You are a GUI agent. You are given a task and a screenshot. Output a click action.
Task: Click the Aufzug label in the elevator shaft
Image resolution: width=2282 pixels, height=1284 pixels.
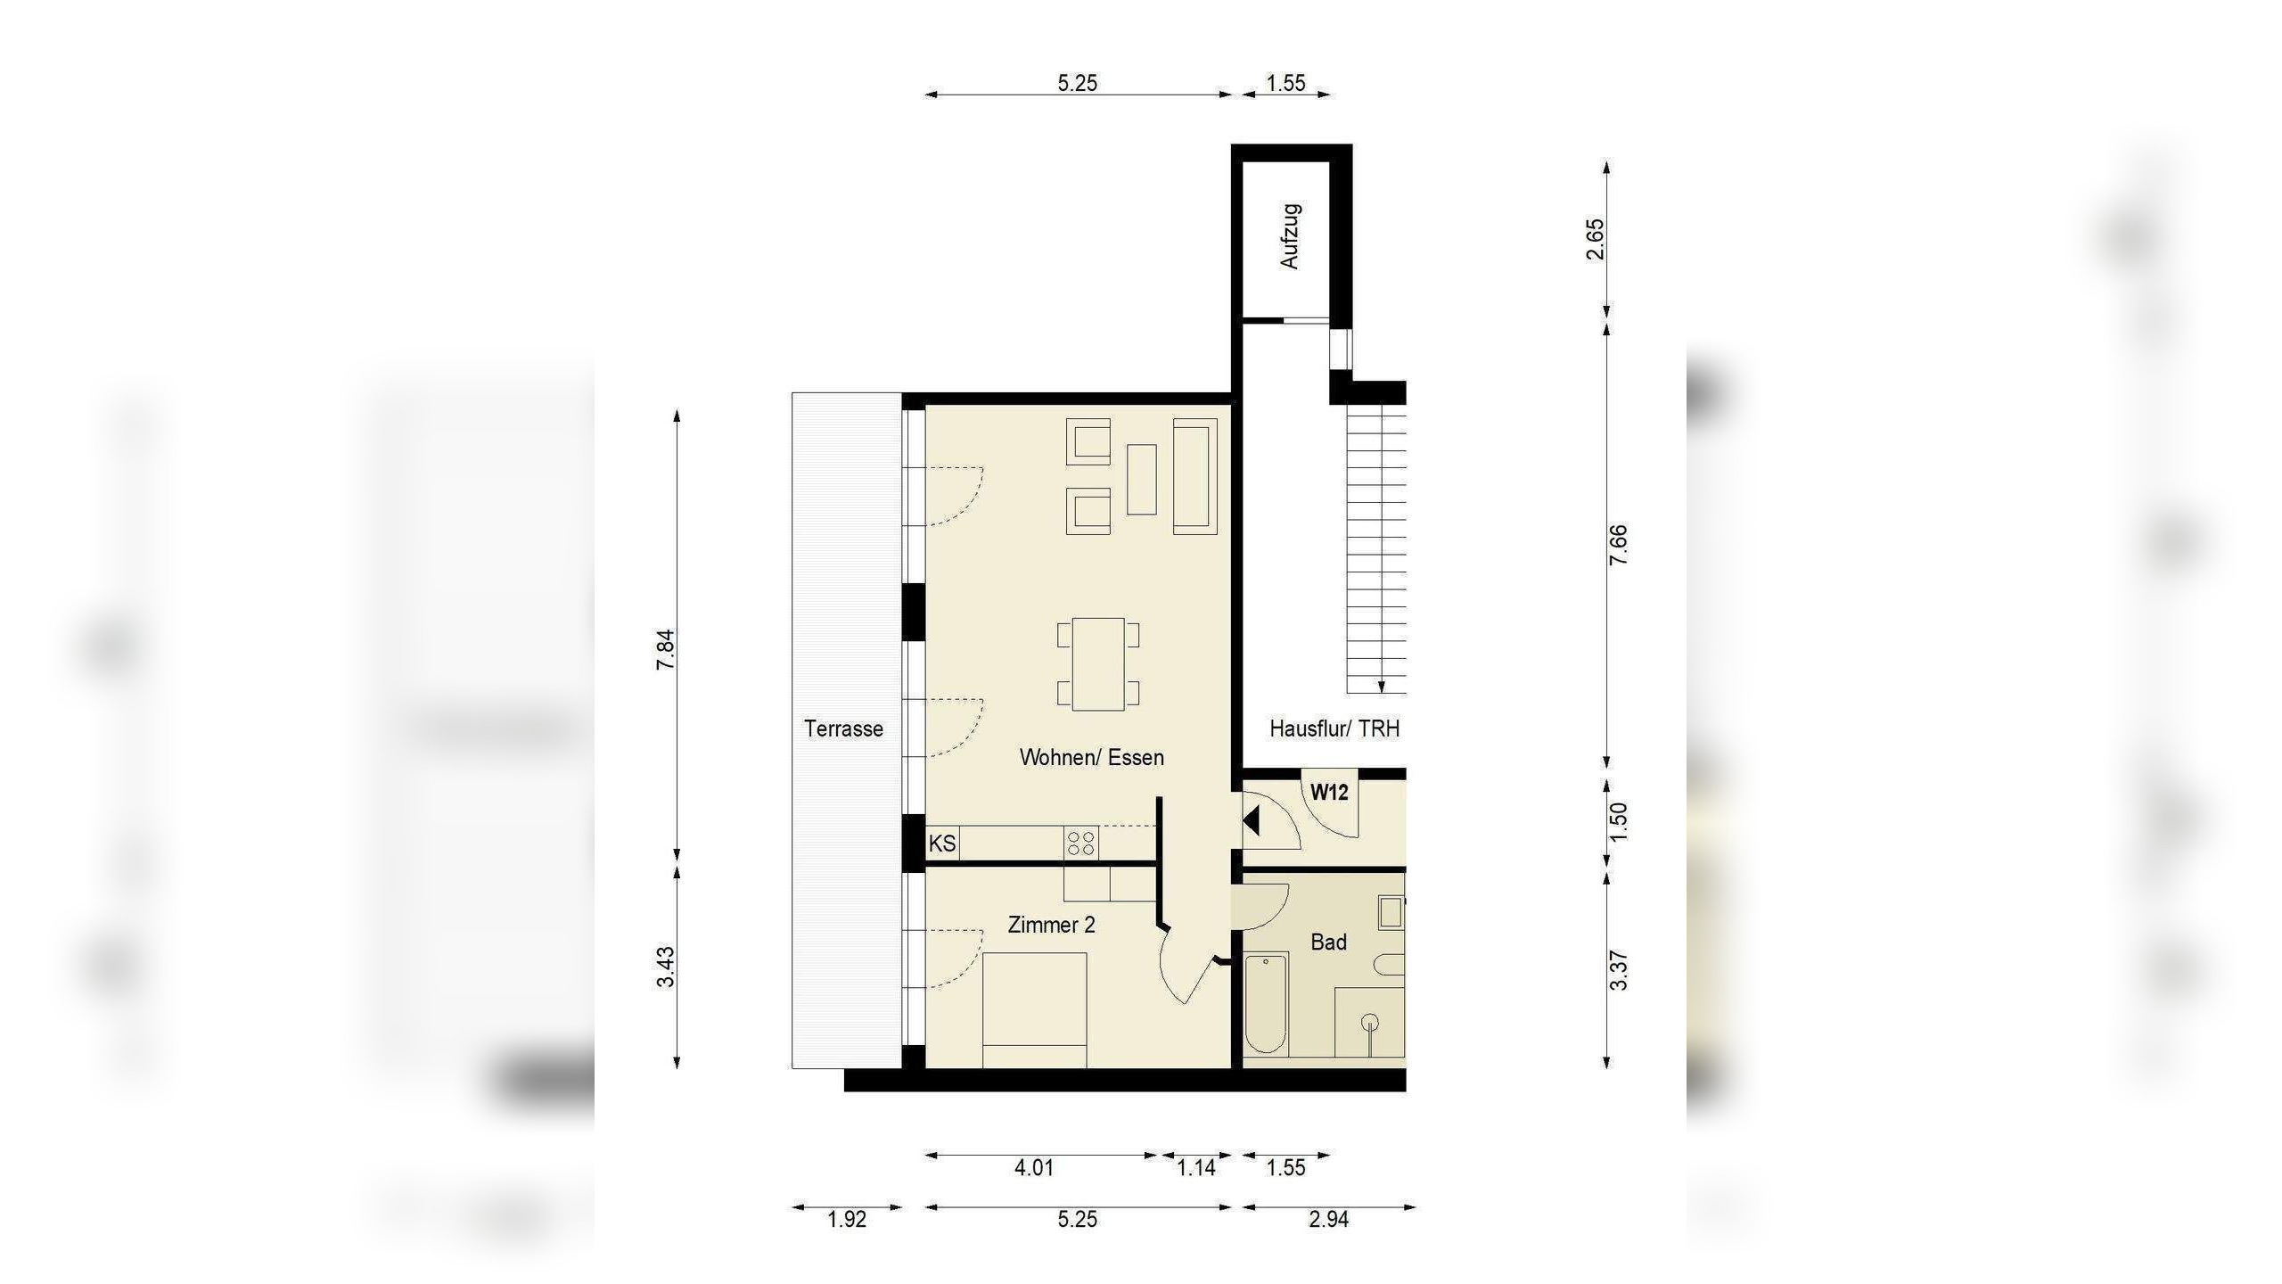pyautogui.click(x=1290, y=236)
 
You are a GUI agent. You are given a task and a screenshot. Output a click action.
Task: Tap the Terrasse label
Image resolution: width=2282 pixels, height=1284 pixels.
pyautogui.click(x=843, y=728)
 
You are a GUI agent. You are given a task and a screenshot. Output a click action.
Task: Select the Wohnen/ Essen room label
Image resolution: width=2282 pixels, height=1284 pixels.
pyautogui.click(x=1092, y=757)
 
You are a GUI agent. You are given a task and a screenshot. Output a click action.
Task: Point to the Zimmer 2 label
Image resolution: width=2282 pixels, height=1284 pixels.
pyautogui.click(x=1052, y=925)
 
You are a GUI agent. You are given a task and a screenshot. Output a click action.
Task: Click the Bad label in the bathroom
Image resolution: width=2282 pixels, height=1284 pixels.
pyautogui.click(x=1328, y=942)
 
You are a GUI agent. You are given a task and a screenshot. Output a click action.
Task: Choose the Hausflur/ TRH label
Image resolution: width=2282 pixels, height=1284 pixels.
pyautogui.click(x=1334, y=728)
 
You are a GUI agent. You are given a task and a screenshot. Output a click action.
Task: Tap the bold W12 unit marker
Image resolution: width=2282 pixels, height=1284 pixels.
pyautogui.click(x=1329, y=792)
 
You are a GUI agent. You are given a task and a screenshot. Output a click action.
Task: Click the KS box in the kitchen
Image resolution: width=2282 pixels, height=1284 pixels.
pyautogui.click(x=942, y=843)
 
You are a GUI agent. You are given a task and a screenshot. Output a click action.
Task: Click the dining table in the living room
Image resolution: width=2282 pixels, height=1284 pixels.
pyautogui.click(x=1098, y=664)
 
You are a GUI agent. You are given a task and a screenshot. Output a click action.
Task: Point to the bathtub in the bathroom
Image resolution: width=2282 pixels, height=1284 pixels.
pyautogui.click(x=1266, y=1004)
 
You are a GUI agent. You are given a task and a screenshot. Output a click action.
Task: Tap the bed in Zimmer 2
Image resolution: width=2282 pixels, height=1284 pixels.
pyautogui.click(x=1034, y=1010)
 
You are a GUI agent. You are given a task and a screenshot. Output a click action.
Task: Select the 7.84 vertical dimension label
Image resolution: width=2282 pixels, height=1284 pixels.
pyautogui.click(x=666, y=650)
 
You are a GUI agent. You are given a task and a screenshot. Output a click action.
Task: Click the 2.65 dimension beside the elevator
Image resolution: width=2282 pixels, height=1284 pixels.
pyautogui.click(x=1595, y=239)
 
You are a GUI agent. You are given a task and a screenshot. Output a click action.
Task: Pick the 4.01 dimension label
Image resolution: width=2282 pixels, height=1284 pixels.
pyautogui.click(x=1034, y=1167)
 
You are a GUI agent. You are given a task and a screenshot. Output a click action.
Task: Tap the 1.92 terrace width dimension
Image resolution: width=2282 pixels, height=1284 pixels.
pyautogui.click(x=847, y=1219)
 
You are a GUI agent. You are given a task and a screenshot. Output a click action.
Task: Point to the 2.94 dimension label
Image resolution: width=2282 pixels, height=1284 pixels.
pyautogui.click(x=1328, y=1219)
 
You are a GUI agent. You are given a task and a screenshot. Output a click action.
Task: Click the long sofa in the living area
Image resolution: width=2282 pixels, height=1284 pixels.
pyautogui.click(x=1195, y=476)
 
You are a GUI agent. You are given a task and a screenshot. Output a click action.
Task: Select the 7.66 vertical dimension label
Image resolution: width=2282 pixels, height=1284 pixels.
pyautogui.click(x=1618, y=545)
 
